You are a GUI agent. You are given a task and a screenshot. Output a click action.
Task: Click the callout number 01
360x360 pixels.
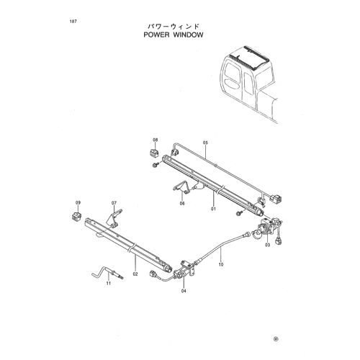pyautogui.click(x=213, y=209)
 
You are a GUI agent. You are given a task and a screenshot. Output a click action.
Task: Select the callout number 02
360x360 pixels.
pyautogui.click(x=135, y=274)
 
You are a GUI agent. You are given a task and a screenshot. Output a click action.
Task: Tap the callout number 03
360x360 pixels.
pyautogui.click(x=268, y=245)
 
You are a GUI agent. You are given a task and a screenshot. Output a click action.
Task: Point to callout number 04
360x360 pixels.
pyautogui.click(x=184, y=291)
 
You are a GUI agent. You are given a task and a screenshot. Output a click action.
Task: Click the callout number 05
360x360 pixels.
pyautogui.click(x=205, y=143)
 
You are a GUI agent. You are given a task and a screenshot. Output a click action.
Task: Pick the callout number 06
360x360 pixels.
pyautogui.click(x=182, y=204)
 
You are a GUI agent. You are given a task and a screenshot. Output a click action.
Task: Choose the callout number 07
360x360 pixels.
pyautogui.click(x=114, y=203)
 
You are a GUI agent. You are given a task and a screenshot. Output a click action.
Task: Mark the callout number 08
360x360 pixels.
pyautogui.click(x=156, y=140)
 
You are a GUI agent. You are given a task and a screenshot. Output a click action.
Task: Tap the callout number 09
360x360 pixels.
pyautogui.click(x=78, y=203)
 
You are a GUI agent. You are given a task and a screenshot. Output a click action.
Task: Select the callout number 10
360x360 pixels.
pyautogui.click(x=221, y=264)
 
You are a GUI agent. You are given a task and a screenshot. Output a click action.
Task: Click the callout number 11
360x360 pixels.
pyautogui.click(x=109, y=284)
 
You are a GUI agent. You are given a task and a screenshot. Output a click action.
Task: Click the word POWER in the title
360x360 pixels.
pyautogui.click(x=156, y=35)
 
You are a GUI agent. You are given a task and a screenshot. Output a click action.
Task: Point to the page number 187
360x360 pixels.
pyautogui.click(x=73, y=22)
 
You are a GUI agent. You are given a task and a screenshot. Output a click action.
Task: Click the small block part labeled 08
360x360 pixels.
pyautogui.click(x=153, y=153)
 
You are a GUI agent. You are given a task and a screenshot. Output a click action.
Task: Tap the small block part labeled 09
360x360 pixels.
pyautogui.click(x=76, y=216)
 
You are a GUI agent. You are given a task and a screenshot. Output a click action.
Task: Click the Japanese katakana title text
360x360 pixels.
pyautogui.click(x=174, y=26)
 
